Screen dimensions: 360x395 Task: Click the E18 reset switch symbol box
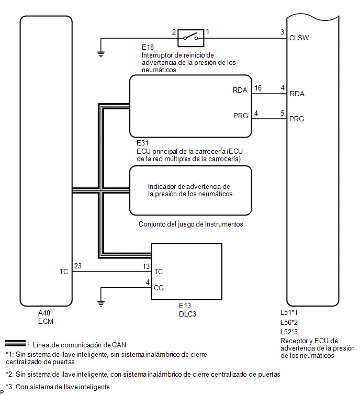[190, 38]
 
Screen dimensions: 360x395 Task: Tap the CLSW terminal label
[299, 38]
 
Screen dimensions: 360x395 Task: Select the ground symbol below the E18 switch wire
[101, 54]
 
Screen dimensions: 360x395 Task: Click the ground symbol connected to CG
[101, 303]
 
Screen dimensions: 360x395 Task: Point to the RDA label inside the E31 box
[240, 90]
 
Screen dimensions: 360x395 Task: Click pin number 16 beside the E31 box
[258, 88]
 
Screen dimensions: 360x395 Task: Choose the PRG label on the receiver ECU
[297, 119]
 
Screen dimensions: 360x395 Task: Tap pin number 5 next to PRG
[283, 113]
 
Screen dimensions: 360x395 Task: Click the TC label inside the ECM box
[64, 272]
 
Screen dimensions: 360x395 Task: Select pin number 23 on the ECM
[78, 266]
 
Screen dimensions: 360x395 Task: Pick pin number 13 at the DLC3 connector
[146, 266]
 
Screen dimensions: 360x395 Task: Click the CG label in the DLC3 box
[159, 288]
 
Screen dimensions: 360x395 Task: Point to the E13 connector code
[185, 306]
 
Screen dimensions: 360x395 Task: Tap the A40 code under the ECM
[44, 313]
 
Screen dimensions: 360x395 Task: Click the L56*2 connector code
[289, 322]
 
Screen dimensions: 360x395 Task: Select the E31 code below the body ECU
[142, 143]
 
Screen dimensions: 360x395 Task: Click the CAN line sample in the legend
[15, 343]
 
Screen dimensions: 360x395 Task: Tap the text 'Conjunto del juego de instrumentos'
[190, 224]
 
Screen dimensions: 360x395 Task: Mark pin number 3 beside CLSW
[283, 32]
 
